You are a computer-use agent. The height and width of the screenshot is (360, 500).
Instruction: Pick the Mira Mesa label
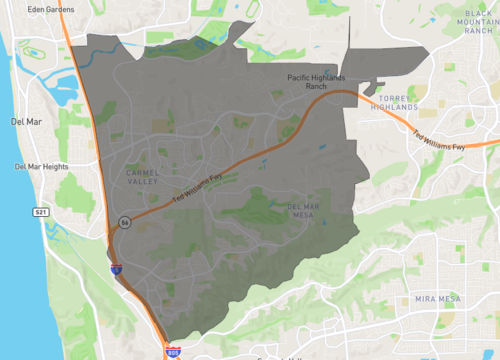(438, 299)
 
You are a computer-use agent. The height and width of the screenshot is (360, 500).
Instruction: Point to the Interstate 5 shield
(115, 268)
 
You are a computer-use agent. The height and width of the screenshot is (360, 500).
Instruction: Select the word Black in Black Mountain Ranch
(476, 13)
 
